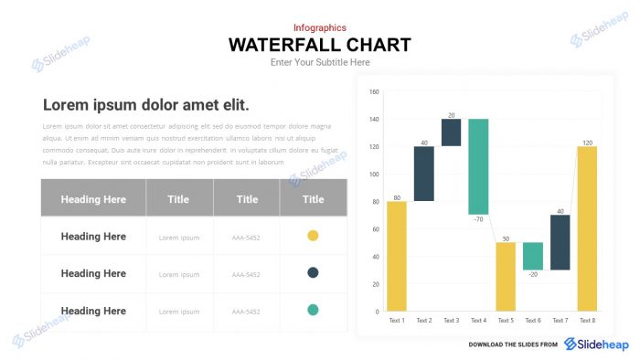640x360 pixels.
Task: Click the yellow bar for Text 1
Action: click(396, 256)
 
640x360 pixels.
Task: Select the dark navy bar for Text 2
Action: click(423, 174)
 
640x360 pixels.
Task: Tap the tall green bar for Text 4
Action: click(478, 166)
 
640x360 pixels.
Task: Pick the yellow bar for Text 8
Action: click(587, 228)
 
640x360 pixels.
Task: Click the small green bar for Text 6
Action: click(533, 256)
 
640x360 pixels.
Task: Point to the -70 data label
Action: click(478, 220)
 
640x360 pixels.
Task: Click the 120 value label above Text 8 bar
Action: click(587, 143)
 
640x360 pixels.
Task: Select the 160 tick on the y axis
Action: click(374, 91)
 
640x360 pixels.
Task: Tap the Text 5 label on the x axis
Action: click(506, 321)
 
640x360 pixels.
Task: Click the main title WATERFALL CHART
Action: click(319, 45)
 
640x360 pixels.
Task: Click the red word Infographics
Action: click(320, 27)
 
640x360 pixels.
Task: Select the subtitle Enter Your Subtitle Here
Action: click(320, 62)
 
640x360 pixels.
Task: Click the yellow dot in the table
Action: click(313, 236)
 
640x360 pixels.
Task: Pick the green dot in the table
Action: click(313, 311)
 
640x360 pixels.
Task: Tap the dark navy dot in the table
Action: click(313, 273)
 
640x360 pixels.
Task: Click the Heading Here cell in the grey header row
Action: click(93, 199)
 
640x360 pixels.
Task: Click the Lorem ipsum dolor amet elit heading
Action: click(146, 104)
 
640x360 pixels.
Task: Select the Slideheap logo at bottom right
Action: click(596, 344)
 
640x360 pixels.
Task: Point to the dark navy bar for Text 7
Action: click(560, 242)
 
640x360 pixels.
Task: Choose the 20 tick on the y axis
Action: click(375, 284)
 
